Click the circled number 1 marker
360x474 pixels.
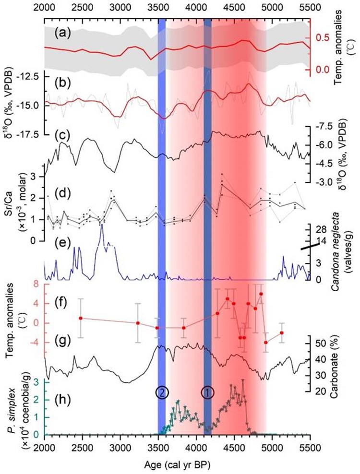pos(207,392)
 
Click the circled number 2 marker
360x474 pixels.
pos(162,392)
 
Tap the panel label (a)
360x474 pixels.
pos(61,33)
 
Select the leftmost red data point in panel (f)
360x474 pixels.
pos(81,318)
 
